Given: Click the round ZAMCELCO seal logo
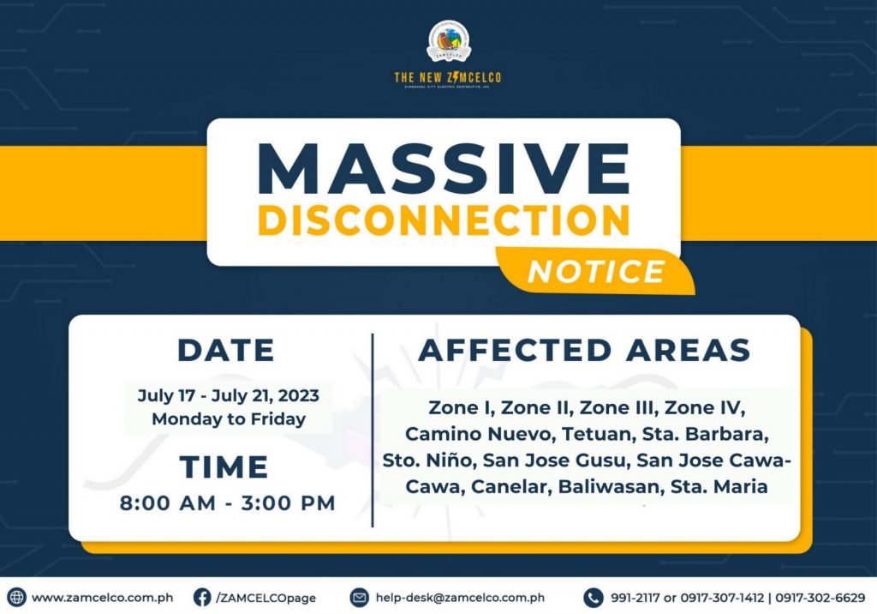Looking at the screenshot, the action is [449, 41].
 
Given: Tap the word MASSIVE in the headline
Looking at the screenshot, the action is [444, 169].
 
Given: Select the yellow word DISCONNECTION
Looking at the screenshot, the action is [444, 220].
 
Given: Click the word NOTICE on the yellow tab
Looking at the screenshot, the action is [596, 272].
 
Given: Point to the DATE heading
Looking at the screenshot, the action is [226, 351].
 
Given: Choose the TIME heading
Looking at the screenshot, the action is [224, 467].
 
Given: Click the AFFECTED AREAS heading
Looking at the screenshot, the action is [584, 350].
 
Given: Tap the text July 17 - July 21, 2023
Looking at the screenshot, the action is [229, 395].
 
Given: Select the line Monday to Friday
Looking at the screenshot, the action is [229, 419].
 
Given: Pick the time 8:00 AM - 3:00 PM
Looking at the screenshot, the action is [228, 503].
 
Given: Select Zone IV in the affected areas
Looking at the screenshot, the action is [704, 408].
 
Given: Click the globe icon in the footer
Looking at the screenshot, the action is [16, 597].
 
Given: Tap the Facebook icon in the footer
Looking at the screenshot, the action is [202, 597].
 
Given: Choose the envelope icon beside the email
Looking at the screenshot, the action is [359, 597].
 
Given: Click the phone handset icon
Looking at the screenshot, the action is [593, 597].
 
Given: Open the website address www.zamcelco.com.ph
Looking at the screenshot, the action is [103, 598].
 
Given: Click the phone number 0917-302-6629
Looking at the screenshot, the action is [820, 598].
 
